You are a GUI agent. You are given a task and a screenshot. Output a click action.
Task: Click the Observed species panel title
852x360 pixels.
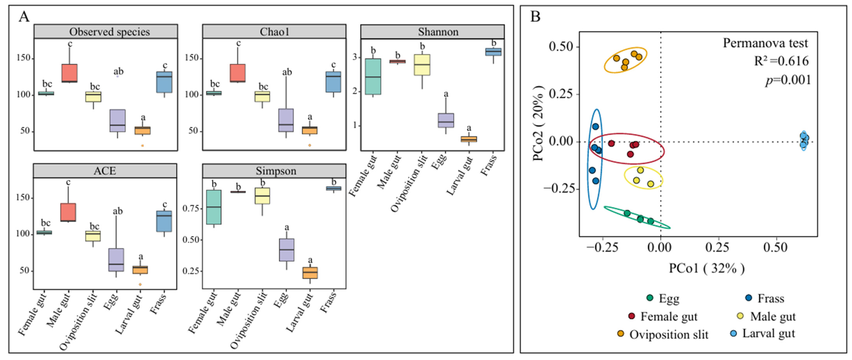(x=109, y=32)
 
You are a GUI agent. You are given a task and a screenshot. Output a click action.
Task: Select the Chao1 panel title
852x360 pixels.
(x=274, y=32)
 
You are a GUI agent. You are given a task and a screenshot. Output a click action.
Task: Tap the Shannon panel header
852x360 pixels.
(x=438, y=32)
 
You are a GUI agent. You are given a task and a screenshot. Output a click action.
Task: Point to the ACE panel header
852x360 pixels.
(x=105, y=171)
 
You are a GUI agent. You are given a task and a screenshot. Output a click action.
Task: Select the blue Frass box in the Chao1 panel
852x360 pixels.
(x=333, y=82)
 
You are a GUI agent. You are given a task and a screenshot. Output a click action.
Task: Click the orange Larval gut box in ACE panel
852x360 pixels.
(x=140, y=270)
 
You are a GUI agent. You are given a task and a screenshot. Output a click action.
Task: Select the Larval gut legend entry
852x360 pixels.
(x=762, y=333)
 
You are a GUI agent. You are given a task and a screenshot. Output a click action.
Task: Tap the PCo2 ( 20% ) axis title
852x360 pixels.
(x=539, y=123)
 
